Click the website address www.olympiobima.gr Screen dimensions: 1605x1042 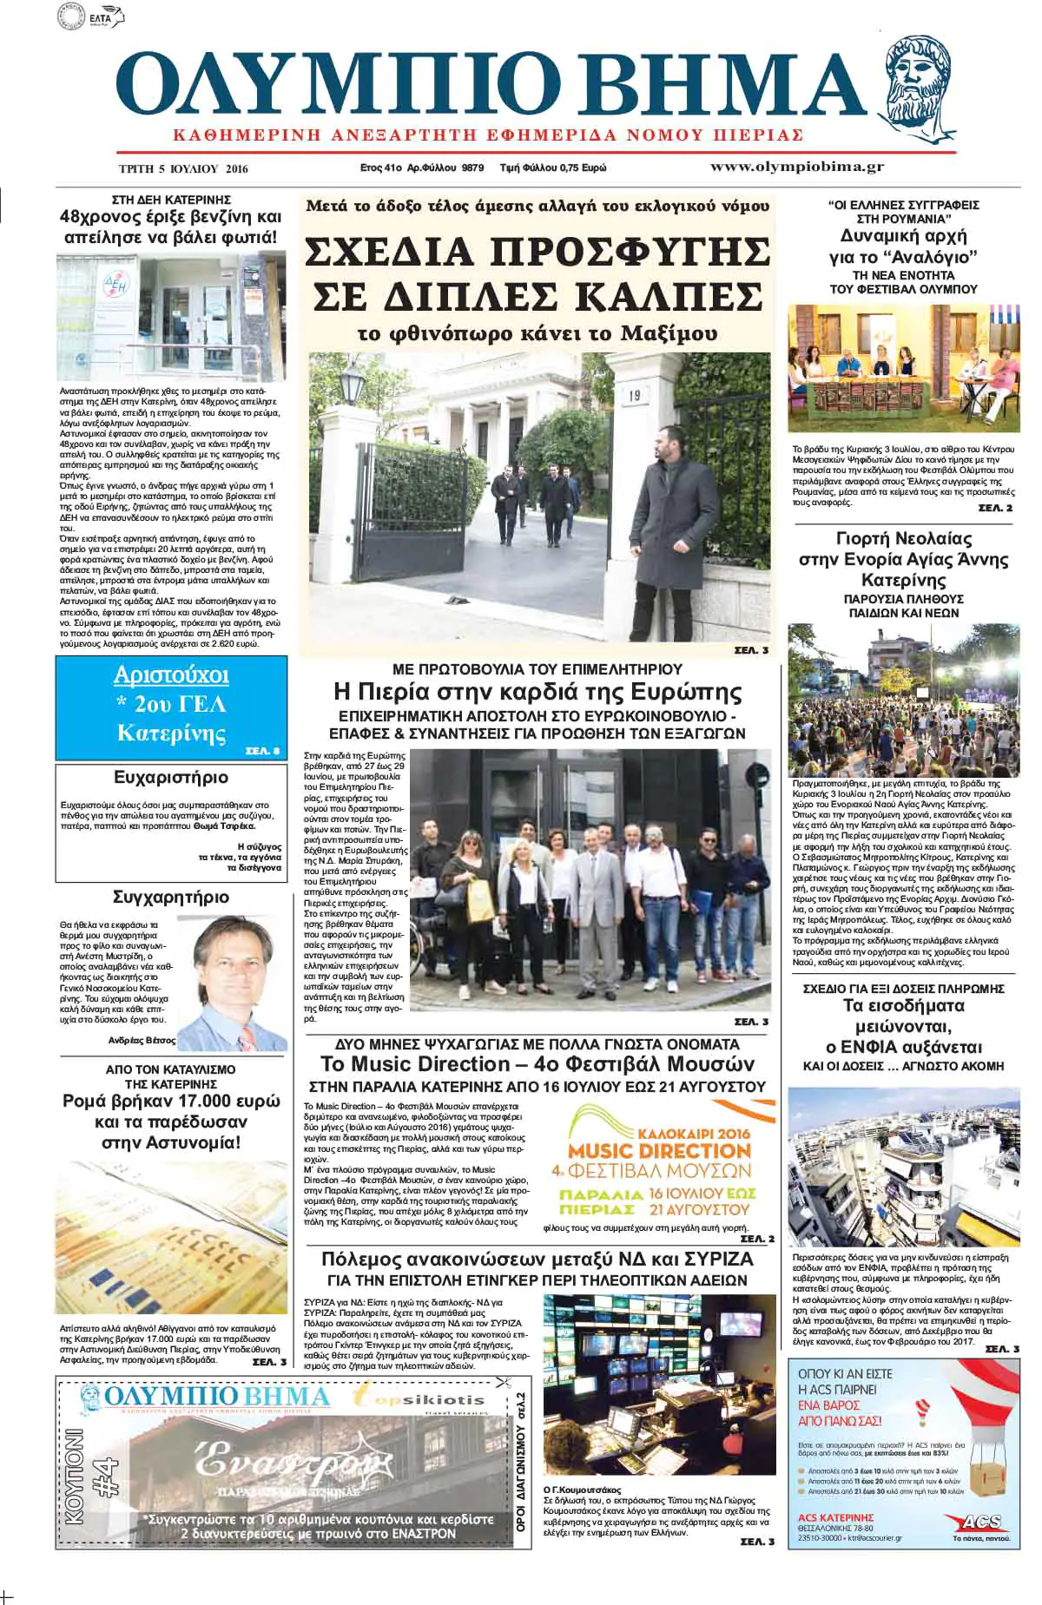(x=796, y=167)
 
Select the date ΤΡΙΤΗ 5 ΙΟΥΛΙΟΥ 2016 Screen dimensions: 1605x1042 (x=183, y=168)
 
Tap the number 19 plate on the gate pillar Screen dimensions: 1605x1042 (x=634, y=396)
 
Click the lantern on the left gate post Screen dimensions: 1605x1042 (x=352, y=381)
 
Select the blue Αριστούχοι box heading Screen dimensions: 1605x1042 (x=171, y=675)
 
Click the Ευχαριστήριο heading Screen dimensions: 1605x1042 (x=171, y=777)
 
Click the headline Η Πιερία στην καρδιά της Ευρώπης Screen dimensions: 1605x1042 (x=537, y=692)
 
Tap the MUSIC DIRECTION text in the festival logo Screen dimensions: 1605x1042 (x=659, y=1151)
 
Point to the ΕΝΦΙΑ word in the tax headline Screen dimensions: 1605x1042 (x=875, y=1046)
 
